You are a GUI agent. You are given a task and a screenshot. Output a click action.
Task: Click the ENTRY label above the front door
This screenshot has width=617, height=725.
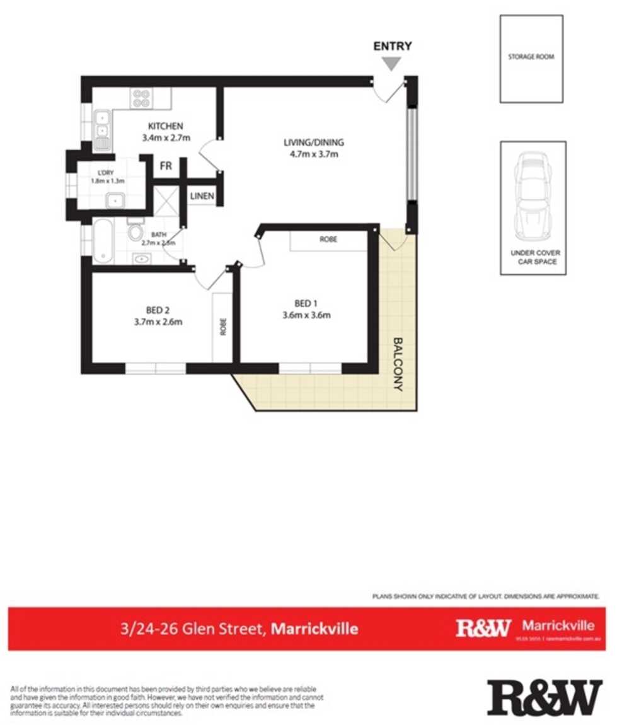point(393,46)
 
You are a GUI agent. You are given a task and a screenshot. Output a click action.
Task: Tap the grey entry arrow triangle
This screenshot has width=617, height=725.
point(393,63)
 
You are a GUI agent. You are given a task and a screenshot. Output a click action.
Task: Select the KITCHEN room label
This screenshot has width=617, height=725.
point(165,125)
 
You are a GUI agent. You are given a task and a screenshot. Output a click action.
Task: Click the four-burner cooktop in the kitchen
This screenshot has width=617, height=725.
point(140,98)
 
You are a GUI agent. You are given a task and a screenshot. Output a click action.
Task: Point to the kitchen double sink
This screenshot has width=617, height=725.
point(101,124)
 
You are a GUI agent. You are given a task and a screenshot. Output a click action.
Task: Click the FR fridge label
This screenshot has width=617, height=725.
point(166,166)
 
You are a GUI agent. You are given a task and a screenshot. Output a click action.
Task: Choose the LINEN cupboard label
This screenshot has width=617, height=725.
point(203,197)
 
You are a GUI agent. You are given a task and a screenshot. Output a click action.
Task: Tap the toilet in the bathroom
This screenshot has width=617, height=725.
point(135,231)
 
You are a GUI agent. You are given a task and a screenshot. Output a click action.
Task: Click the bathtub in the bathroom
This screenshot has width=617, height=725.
point(102,241)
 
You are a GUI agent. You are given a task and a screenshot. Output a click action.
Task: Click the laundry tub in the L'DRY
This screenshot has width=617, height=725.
point(116,201)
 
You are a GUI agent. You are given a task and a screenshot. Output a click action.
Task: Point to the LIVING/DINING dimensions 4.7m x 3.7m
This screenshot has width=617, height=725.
point(313,153)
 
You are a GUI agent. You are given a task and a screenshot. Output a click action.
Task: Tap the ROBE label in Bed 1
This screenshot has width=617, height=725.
point(328,240)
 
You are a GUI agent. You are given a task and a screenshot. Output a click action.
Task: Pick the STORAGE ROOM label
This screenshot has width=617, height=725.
point(531,57)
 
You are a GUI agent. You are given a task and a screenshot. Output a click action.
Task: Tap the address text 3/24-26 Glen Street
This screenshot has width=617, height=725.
point(193,629)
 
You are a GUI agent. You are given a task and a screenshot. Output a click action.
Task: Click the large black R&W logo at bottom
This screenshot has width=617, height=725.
point(545,698)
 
